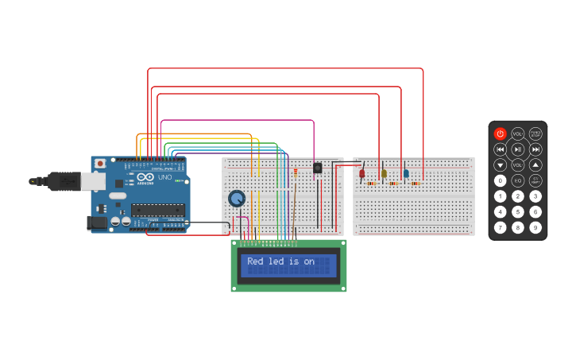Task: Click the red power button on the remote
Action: (x=500, y=134)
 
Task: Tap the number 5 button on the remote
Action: (x=518, y=211)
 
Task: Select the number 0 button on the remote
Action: (x=500, y=180)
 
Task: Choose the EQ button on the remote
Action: (x=518, y=180)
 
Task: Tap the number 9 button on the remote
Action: (x=536, y=227)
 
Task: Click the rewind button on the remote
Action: (x=500, y=149)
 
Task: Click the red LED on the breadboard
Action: (x=362, y=173)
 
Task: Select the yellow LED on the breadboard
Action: (x=384, y=173)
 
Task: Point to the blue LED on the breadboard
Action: (x=405, y=173)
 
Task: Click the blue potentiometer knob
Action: (x=236, y=198)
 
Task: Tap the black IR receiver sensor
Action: (x=318, y=168)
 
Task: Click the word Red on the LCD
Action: (x=255, y=261)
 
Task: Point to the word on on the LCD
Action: (x=309, y=261)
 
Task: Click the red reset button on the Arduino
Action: (x=100, y=164)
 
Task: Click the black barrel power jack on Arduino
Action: (x=98, y=223)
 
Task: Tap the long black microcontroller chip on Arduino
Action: (x=157, y=210)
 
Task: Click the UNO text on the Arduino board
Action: (x=164, y=176)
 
